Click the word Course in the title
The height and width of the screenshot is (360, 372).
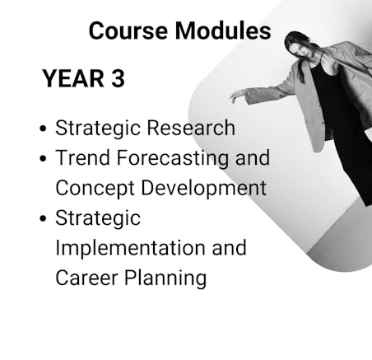(128, 30)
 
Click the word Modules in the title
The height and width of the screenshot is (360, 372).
(223, 30)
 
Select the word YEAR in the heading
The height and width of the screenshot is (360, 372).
(73, 78)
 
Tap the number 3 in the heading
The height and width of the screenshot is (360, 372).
(118, 78)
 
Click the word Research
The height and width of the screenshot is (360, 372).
(191, 128)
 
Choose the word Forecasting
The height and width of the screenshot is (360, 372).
(173, 159)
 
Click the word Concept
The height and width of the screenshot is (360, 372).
(95, 189)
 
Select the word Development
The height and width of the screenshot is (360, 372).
(203, 189)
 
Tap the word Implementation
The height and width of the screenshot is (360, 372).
(130, 248)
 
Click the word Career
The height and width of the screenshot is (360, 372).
(86, 278)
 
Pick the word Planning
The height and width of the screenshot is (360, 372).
(165, 278)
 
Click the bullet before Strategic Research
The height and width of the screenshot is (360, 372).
(43, 129)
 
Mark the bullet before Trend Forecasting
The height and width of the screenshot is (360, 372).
(43, 158)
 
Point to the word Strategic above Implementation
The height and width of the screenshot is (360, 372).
(98, 218)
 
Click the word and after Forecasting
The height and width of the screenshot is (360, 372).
(253, 157)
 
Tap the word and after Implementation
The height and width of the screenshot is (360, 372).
(229, 248)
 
